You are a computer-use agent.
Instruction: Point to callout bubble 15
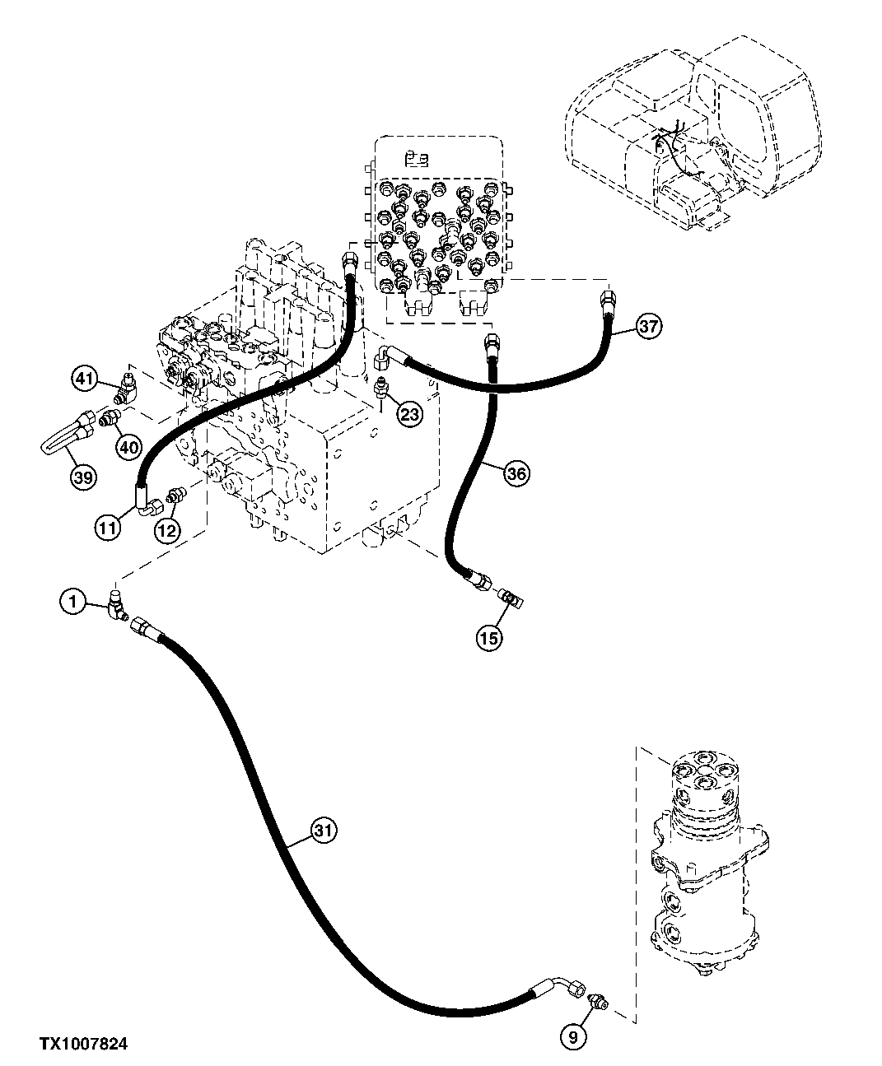point(489,638)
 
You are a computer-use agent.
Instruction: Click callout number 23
point(409,414)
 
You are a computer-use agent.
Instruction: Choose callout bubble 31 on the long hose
point(324,831)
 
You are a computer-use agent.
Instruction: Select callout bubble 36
point(516,473)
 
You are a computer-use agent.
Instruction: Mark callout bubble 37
point(649,327)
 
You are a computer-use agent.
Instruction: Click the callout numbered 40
point(128,447)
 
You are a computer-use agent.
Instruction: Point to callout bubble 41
point(84,379)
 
